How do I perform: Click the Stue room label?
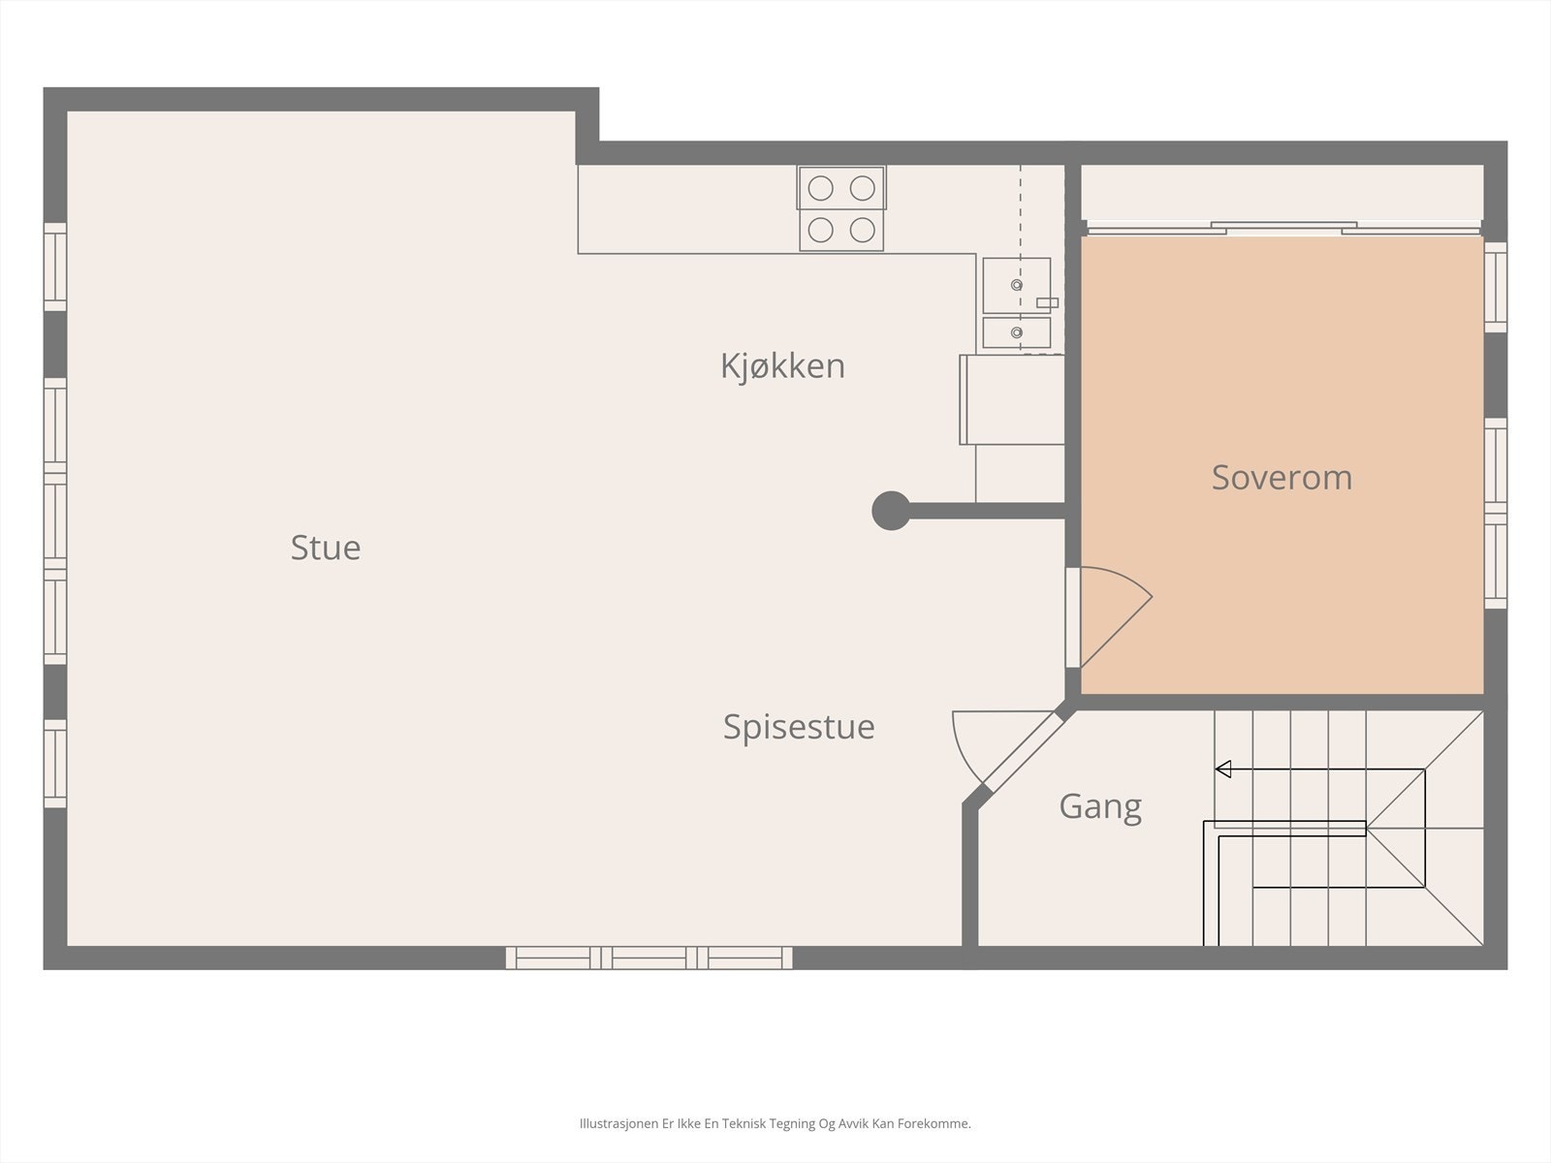[326, 548]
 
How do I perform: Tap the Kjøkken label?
[782, 366]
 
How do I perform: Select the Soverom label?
[1282, 478]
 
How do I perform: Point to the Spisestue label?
[799, 727]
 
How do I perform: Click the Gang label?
[1100, 806]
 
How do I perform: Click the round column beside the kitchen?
[891, 511]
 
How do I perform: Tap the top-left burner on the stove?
[820, 188]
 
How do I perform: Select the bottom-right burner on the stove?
[863, 230]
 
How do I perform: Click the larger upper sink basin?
[1016, 285]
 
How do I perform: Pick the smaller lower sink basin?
[1016, 332]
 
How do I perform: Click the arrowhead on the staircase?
[1223, 770]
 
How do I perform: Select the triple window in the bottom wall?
[649, 958]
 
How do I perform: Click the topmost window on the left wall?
[55, 267]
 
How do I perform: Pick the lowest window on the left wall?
[55, 763]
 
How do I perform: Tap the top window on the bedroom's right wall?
[1496, 287]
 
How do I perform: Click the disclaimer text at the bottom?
[775, 1124]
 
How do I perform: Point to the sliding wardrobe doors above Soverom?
[1282, 230]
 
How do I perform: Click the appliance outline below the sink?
[1013, 399]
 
